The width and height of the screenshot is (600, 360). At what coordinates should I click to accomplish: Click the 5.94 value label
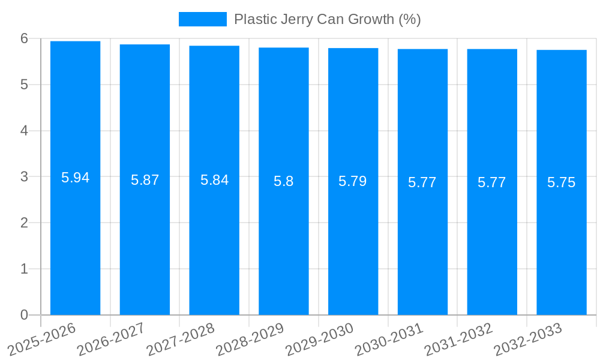point(75,178)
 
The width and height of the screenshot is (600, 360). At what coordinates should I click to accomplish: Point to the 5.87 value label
point(145,180)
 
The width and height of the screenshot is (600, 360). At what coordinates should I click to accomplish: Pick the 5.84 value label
point(214,180)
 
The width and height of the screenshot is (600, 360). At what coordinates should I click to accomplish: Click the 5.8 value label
point(284,181)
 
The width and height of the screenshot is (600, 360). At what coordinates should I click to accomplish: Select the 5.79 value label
point(353,181)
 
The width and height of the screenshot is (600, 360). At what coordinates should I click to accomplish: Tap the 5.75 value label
point(562,182)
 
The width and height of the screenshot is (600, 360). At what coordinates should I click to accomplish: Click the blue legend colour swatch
point(202,19)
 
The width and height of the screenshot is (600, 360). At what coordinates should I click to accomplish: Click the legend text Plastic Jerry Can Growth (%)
point(327,19)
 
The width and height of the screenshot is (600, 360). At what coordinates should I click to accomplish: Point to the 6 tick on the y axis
point(25,38)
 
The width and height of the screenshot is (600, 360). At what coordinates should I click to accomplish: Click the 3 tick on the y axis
point(25,177)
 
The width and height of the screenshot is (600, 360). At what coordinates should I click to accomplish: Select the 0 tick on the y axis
point(25,315)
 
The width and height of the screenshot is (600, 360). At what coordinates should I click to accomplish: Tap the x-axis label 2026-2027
point(112,340)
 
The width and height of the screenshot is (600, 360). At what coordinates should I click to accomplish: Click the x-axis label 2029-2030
point(320,340)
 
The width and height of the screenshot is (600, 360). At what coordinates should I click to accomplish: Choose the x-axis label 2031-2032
point(459,340)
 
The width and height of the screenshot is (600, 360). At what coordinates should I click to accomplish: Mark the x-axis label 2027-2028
point(181,340)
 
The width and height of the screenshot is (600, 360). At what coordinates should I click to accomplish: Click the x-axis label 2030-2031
point(389,340)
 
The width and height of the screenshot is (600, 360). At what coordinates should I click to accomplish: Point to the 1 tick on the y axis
point(25,269)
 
